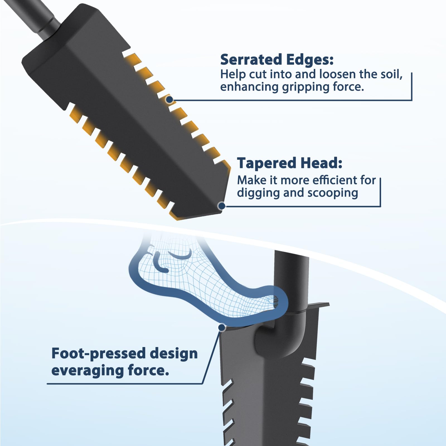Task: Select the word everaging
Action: click(x=88, y=371)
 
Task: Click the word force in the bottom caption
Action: click(x=149, y=370)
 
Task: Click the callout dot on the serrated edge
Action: click(x=169, y=100)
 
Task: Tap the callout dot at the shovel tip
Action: click(x=222, y=206)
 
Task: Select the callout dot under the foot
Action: click(x=222, y=328)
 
